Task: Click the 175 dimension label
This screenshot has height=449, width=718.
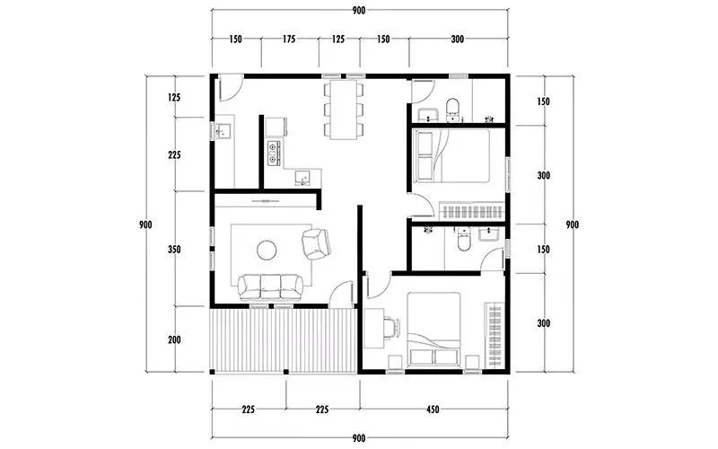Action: coord(288,40)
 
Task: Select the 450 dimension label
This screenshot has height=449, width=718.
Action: coord(433,409)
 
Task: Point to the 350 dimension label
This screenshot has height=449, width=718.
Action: coord(174,250)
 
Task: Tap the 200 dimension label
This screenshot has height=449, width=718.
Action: coord(174,340)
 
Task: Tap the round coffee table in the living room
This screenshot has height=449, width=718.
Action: coord(267,251)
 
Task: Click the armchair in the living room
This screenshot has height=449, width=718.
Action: coord(316,243)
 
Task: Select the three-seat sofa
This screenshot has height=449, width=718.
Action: coord(270,287)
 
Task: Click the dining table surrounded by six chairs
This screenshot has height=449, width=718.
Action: coord(344,110)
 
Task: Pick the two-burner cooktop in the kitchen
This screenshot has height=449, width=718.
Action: coord(274,153)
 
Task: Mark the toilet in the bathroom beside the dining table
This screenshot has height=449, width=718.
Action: coord(452,108)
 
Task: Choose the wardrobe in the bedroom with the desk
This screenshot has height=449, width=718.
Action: coord(495,335)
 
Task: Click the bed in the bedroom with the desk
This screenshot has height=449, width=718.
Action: coord(433,329)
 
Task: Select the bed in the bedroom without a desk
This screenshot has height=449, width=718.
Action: coord(451,155)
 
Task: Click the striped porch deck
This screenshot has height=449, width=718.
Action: coord(284,340)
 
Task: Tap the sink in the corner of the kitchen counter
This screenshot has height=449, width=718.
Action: coord(302,178)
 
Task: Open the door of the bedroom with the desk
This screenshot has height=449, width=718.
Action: coord(378,285)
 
